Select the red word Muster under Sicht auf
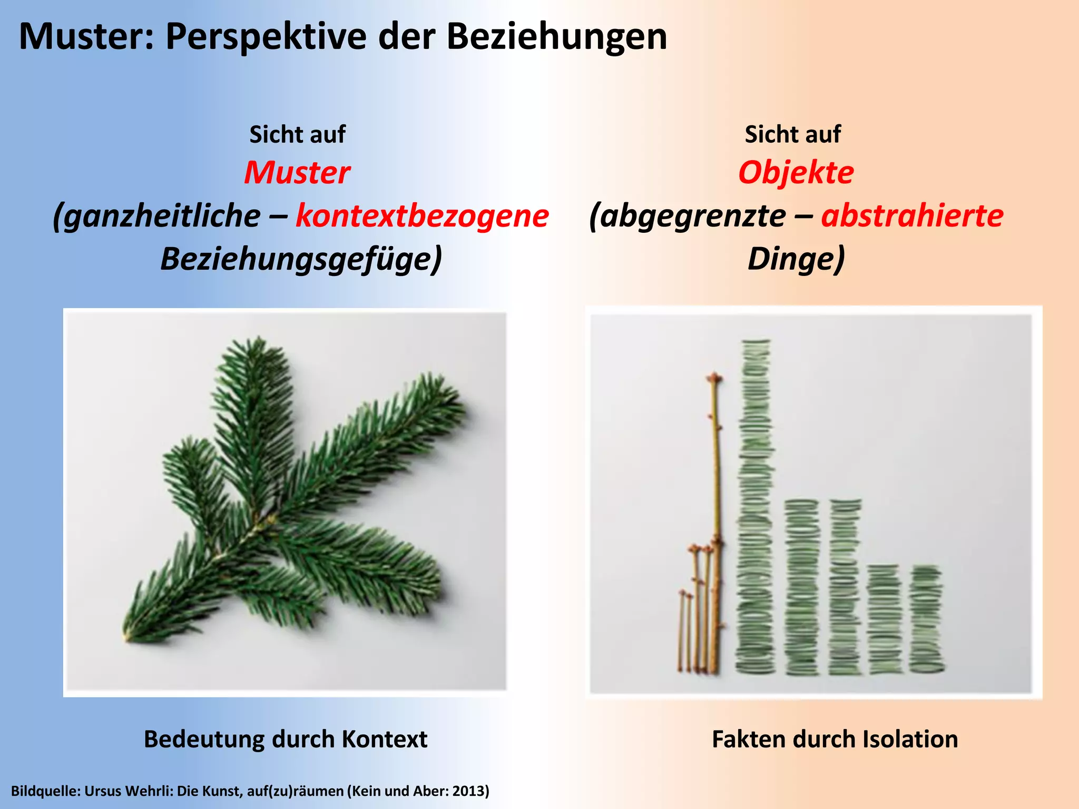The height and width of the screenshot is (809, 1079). [297, 173]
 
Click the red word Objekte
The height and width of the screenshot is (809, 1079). [796, 173]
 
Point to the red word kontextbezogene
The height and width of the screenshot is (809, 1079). [422, 216]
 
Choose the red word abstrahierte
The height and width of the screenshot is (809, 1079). [912, 216]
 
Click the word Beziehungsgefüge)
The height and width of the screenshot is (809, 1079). [301, 259]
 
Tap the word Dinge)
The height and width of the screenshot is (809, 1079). [796, 259]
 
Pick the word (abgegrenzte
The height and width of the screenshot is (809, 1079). [687, 216]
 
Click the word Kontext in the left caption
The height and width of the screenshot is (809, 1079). [384, 739]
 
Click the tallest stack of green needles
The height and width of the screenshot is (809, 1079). [756, 506]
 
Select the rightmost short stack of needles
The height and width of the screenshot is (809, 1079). [926, 619]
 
